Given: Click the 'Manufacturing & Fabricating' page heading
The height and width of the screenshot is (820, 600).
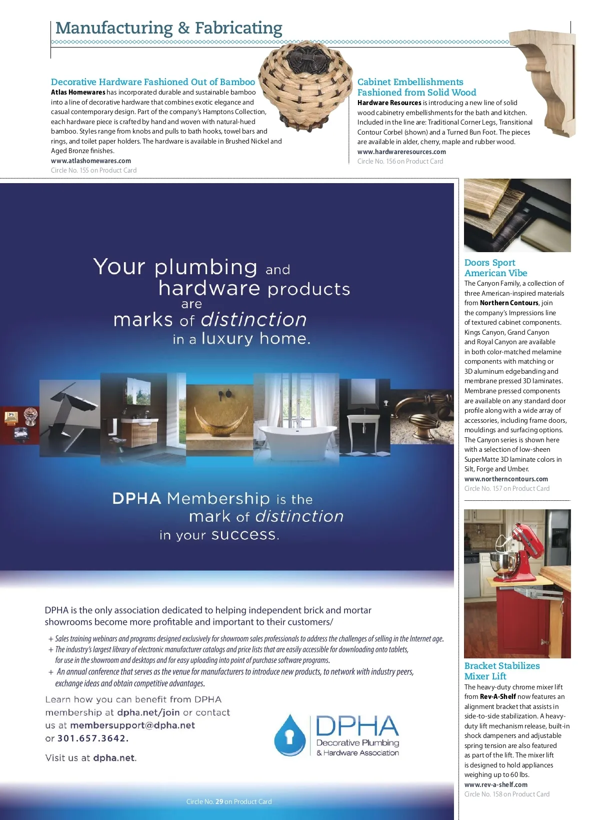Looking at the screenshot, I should (168, 28).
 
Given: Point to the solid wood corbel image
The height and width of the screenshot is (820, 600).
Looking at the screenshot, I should (548, 83).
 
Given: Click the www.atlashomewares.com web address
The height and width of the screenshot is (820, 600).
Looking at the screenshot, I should (91, 161).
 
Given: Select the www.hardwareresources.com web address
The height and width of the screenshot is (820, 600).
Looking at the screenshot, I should (401, 152).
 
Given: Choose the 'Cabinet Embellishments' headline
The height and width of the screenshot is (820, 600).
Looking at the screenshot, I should (410, 82).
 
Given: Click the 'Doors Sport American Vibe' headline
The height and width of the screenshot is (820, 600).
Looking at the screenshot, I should (495, 268).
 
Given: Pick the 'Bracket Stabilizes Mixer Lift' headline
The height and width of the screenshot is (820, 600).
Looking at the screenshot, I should (502, 671).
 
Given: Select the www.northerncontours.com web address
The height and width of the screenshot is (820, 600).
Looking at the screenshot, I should (506, 479).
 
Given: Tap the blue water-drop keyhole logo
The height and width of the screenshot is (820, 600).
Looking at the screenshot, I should (289, 735).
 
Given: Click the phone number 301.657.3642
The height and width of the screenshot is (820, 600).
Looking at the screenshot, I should (93, 738).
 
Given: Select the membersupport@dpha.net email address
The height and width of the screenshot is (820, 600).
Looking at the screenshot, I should (132, 725).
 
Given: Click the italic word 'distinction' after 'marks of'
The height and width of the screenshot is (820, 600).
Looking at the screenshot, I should (253, 320).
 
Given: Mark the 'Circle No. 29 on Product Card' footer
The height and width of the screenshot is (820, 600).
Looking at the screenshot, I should (229, 801).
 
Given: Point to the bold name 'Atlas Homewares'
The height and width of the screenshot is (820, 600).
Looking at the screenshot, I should (78, 93).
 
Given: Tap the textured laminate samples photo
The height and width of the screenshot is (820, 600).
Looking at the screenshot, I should (517, 215).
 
